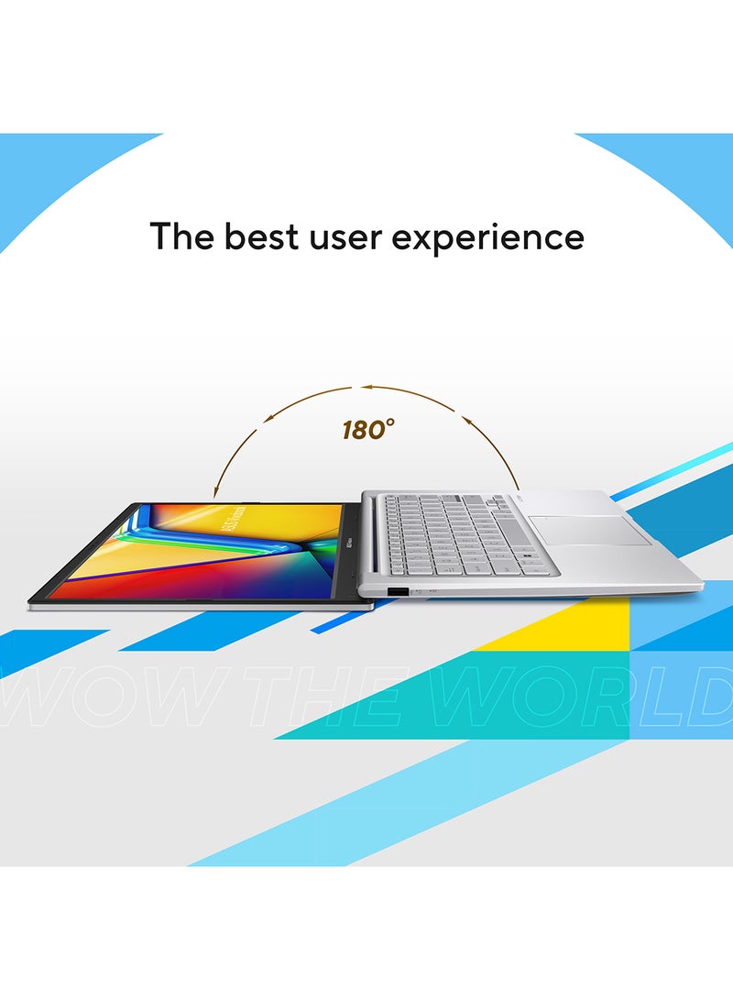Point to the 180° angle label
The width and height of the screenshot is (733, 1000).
tap(369, 429)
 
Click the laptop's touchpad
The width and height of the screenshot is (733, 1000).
tap(588, 531)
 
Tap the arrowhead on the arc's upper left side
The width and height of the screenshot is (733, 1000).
tap(268, 418)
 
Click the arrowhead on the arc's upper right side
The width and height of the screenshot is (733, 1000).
tap(465, 421)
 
